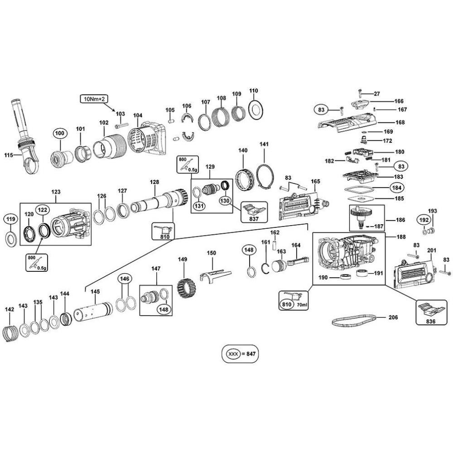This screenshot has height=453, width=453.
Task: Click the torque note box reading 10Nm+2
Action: click(x=93, y=98)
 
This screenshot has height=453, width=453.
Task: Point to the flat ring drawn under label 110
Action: click(x=254, y=110)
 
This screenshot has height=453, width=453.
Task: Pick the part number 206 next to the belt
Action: click(x=393, y=318)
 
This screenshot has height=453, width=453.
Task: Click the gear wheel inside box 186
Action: click(x=361, y=212)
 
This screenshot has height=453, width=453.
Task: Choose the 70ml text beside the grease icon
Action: click(x=301, y=305)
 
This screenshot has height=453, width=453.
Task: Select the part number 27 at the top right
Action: click(x=377, y=94)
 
